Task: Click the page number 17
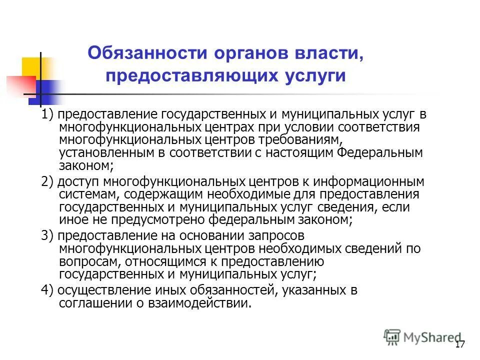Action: click(460, 344)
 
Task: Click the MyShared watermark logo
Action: click(422, 337)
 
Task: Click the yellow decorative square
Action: click(32, 67)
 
